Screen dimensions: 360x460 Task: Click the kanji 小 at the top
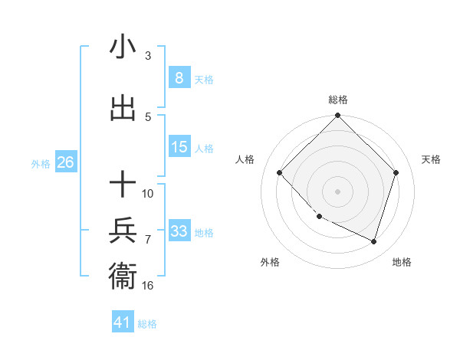click(123, 47)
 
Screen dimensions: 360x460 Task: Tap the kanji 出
click(123, 108)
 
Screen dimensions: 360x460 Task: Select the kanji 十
click(123, 185)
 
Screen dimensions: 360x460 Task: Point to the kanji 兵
click(123, 230)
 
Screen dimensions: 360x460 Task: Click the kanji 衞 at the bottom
click(123, 275)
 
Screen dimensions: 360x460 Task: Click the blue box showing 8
click(179, 78)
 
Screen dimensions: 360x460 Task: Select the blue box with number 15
click(179, 148)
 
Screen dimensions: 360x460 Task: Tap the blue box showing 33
click(179, 232)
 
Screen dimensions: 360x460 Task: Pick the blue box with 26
click(65, 163)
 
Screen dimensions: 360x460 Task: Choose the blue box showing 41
click(123, 322)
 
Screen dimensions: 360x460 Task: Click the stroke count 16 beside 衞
click(148, 285)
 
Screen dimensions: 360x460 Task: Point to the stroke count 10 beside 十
click(148, 193)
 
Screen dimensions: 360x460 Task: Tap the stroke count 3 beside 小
click(148, 56)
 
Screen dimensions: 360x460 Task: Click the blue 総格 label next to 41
click(147, 324)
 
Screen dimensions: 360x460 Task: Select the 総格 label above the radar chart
click(338, 100)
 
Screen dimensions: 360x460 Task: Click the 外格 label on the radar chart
click(270, 262)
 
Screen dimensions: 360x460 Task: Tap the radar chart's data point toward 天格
click(396, 172)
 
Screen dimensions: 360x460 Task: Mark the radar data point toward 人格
click(280, 172)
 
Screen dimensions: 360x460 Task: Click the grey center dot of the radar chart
click(338, 191)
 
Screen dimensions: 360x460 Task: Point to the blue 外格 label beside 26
click(41, 164)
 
